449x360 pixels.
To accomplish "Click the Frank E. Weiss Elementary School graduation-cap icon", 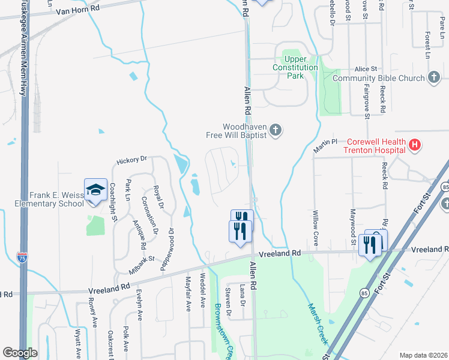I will pos(95,190).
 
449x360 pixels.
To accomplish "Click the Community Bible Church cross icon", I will pos(434,78).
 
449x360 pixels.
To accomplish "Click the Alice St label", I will pos(366,70).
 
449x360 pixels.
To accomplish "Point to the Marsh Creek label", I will pos(318,323).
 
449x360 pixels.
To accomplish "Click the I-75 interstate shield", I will pos(22,258).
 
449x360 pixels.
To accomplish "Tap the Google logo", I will pos(20,353).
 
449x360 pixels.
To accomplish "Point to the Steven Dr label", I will pos(228,297).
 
